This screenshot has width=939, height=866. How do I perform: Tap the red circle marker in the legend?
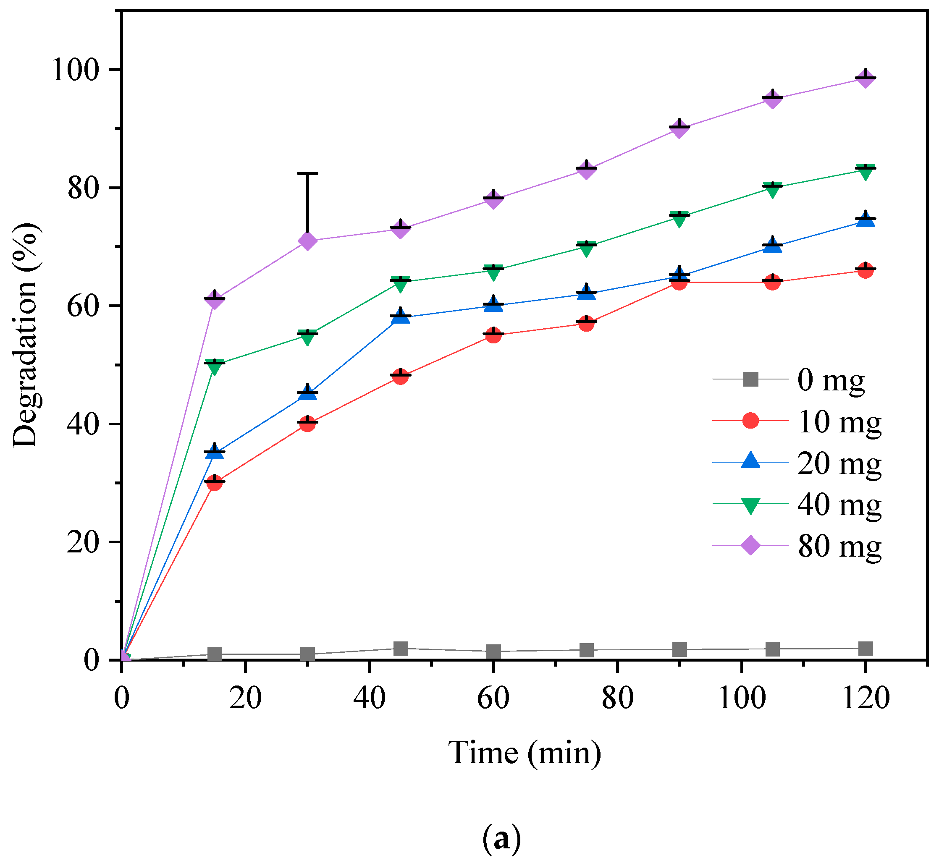[750, 421]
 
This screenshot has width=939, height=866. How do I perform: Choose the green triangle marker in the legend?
[750, 505]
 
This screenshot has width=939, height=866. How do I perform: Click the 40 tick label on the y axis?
[84, 424]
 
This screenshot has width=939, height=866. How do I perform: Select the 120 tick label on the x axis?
[866, 698]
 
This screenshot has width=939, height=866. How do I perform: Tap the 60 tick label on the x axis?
[493, 698]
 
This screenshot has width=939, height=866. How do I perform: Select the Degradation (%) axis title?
[26, 335]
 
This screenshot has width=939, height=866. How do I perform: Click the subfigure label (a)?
[501, 839]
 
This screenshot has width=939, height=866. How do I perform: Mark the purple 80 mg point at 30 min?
[307, 241]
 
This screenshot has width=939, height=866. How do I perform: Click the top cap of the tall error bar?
[307, 173]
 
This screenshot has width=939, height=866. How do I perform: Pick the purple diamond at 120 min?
[866, 78]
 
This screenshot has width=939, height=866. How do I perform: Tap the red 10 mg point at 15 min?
[215, 483]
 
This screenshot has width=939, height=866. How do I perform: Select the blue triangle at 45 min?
[400, 317]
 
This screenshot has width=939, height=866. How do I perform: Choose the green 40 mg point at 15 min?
[215, 367]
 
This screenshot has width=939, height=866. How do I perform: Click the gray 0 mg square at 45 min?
[400, 649]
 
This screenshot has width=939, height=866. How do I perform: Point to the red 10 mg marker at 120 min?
[866, 270]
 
